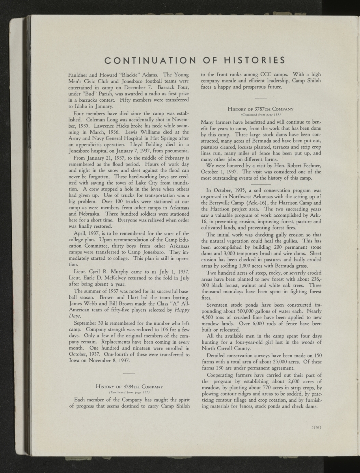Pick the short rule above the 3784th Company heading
click(129, 372)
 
